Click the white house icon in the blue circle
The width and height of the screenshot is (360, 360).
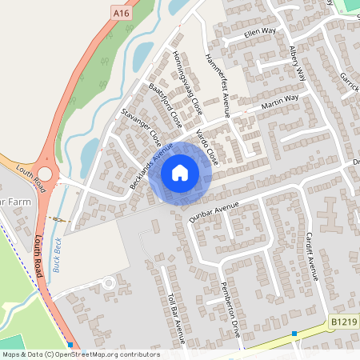(180, 172)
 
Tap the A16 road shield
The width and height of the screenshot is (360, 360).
(121, 14)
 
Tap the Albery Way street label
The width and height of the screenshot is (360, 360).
(297, 63)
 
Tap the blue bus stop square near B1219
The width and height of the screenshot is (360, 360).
(294, 333)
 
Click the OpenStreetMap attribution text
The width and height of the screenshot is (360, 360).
(81, 354)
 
